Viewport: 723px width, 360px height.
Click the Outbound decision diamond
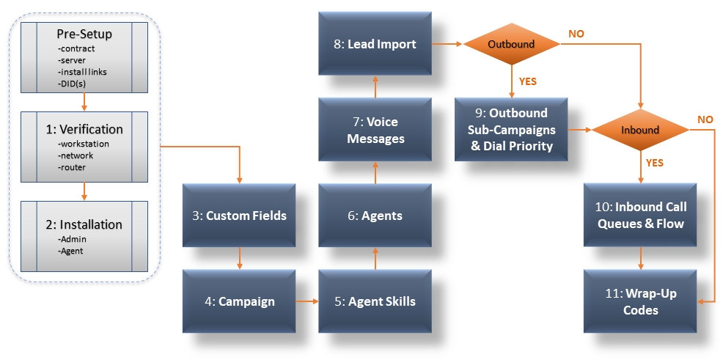coord(511,44)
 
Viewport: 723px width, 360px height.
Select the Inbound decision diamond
coord(640,130)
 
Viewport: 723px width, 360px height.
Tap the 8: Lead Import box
coord(375,44)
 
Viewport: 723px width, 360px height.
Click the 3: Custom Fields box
coord(239,216)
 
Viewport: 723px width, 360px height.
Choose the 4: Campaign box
coord(239,301)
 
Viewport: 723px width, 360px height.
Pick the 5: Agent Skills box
coord(375,301)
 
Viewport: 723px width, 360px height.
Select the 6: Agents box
coord(375,216)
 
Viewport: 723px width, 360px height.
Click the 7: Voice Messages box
coord(375,130)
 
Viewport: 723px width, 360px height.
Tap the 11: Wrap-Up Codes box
coord(640,301)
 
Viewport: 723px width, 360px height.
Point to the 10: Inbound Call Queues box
coord(640,216)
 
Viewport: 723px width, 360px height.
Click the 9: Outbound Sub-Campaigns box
coord(511,130)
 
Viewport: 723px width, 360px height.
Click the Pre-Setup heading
coord(84,34)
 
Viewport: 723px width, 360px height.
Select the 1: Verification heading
coord(84,129)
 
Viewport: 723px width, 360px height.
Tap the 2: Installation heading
coord(84,224)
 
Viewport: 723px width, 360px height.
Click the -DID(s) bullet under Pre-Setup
coord(72,84)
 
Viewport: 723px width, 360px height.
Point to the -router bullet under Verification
coord(73,167)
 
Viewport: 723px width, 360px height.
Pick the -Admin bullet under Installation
coord(71,239)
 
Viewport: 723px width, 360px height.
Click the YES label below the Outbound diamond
coord(528,81)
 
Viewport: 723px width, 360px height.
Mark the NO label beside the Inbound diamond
coord(705,120)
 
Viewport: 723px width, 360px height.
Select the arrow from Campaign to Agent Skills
coord(307,301)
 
